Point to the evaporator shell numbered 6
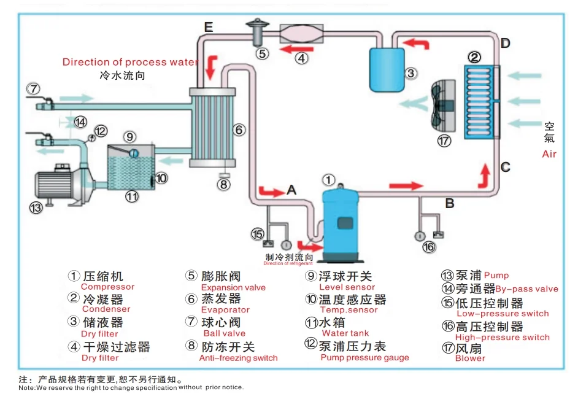[210, 128]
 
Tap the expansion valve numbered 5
[259, 32]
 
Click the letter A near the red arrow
[291, 190]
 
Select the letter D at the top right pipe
[505, 43]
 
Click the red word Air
[549, 154]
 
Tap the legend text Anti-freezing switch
[238, 358]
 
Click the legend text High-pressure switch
[503, 337]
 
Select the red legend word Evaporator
[225, 310]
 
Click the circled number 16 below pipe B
[428, 247]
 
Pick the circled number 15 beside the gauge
[258, 234]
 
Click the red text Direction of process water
[130, 62]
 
